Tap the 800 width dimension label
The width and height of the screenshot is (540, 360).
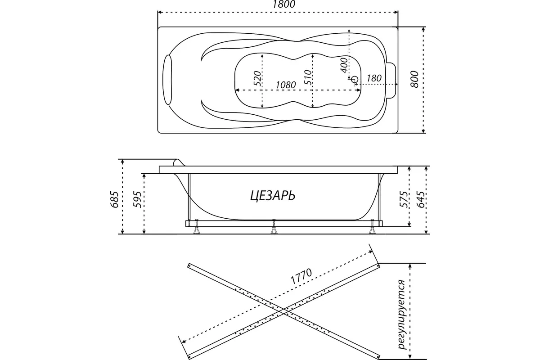(415, 80)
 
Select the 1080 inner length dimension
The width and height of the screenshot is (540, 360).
(285, 85)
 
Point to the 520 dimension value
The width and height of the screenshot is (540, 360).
(257, 80)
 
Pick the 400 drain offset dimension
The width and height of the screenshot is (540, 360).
(344, 66)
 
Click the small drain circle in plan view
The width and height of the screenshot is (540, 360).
(355, 80)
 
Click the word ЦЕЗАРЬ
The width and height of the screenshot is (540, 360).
(272, 196)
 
